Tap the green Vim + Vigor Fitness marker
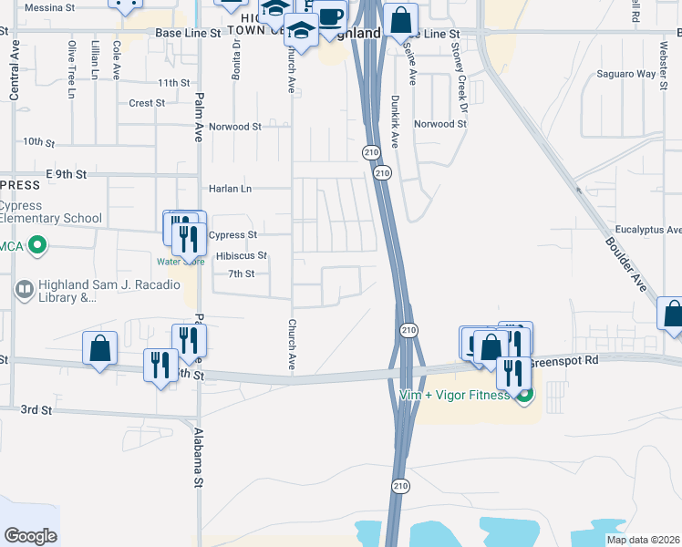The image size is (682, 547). tap(524, 395)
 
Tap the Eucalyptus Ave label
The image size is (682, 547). tap(648, 230)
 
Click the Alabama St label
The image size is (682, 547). tap(196, 460)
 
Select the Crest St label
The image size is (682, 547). tap(146, 103)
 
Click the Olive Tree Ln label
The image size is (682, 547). tap(71, 61)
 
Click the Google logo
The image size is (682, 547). tap(30, 536)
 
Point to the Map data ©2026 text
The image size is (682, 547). tap(644, 540)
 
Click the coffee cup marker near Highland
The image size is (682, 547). tap(332, 15)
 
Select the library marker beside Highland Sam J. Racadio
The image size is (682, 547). tap(25, 289)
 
